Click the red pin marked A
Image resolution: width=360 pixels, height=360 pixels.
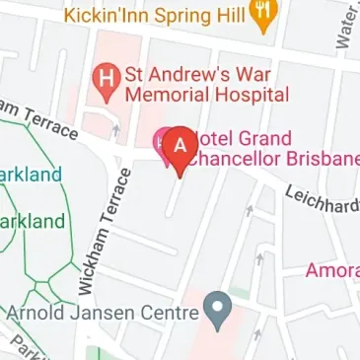click(x=180, y=144)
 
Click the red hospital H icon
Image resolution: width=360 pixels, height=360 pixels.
click(x=102, y=75)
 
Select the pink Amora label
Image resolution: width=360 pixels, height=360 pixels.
click(x=332, y=270)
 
